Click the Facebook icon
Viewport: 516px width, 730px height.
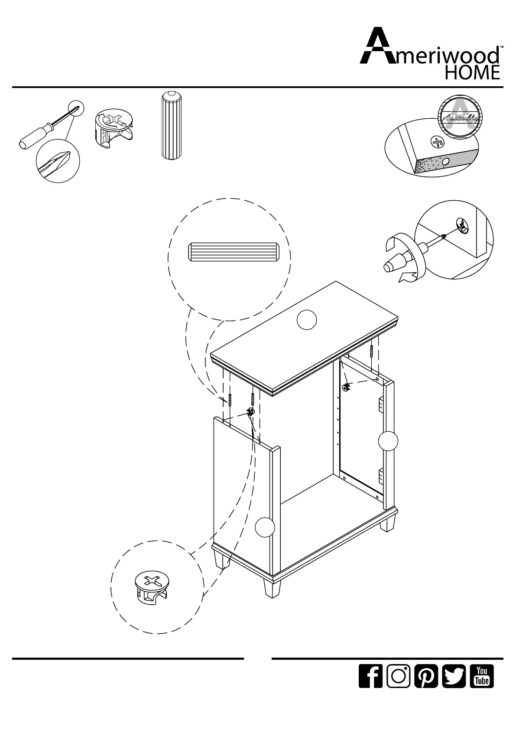click(370, 688)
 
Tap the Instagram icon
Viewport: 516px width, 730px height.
click(398, 688)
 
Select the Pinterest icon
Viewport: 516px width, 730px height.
click(426, 688)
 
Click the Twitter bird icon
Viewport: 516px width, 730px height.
click(454, 688)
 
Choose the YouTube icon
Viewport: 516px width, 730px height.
click(482, 688)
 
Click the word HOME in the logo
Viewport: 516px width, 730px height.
click(473, 72)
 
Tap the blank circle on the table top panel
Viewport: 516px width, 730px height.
click(307, 320)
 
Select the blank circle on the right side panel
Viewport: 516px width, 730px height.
click(388, 441)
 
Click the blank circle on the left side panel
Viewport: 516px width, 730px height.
click(264, 528)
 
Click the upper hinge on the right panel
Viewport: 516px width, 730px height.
click(381, 405)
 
